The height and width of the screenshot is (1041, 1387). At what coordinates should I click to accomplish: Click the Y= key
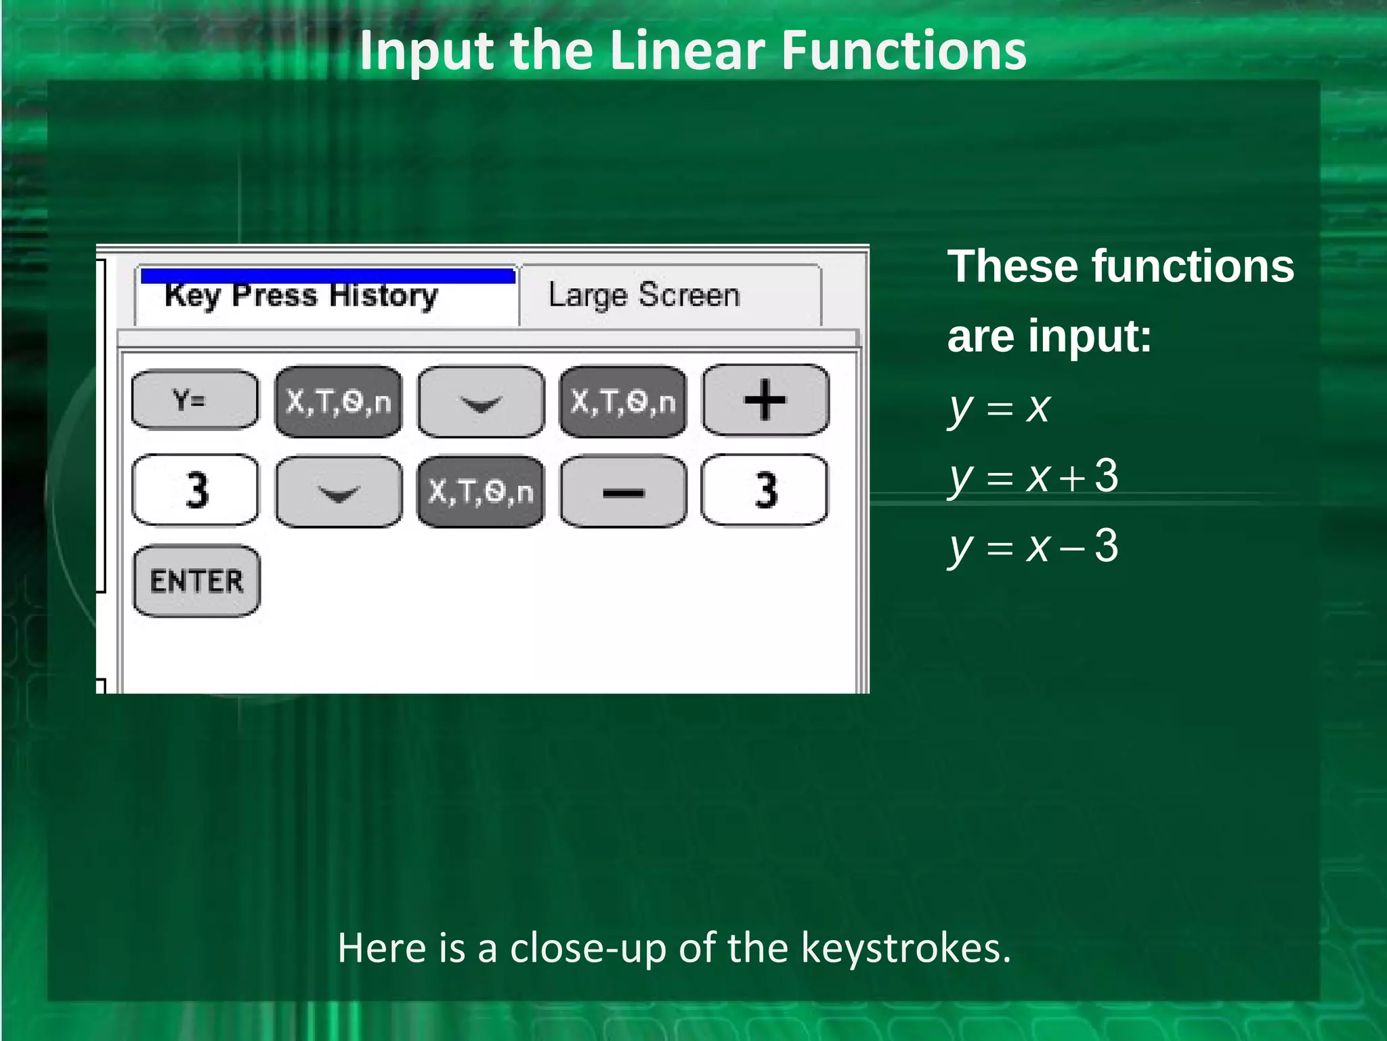coord(195,400)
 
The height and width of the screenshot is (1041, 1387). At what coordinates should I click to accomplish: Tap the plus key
coord(765,400)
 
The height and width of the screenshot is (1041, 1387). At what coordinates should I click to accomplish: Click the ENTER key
coord(196,581)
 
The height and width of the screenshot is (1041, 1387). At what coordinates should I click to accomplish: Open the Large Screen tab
coord(643,296)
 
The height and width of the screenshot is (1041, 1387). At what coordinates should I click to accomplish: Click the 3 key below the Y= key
coord(195,490)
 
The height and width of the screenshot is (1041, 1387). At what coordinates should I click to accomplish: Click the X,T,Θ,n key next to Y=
coord(339,401)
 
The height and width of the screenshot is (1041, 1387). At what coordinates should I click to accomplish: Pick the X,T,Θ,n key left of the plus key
coord(623,401)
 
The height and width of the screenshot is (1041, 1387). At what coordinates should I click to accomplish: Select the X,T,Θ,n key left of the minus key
coord(481,491)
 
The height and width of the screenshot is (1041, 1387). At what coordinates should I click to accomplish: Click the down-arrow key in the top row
coord(481,401)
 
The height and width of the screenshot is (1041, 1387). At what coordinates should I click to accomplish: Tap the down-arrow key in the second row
coord(339,491)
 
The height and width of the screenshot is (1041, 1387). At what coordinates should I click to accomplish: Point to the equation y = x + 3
coord(1033,477)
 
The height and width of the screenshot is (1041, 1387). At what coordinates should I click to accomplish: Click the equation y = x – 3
coord(1033,546)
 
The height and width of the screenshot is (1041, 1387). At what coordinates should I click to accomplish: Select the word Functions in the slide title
coord(903,51)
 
